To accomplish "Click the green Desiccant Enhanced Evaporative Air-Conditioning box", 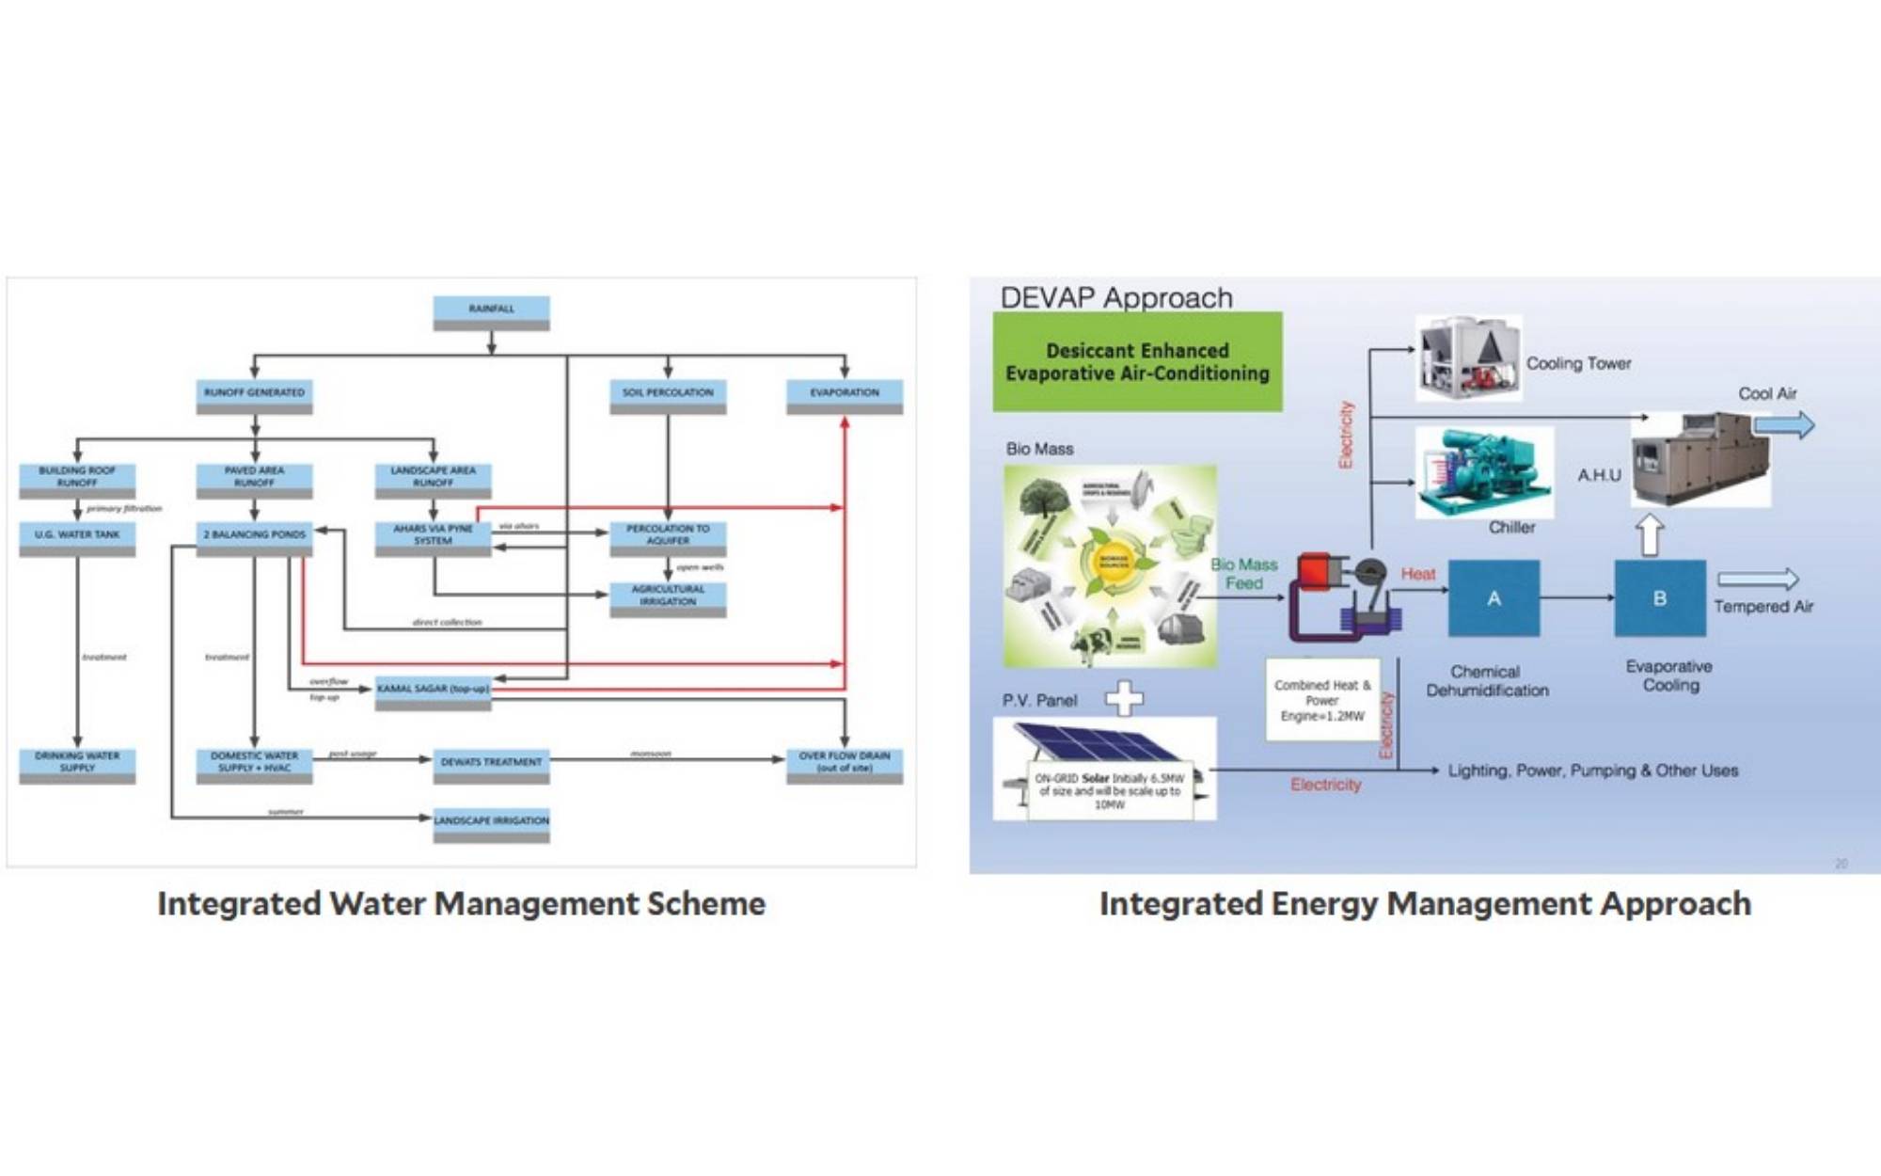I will click(x=1137, y=362).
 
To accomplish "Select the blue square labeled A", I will click(x=1494, y=598).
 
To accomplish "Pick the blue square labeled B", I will click(x=1660, y=598).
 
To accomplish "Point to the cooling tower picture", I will click(x=1468, y=358).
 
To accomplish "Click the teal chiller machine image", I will click(x=1483, y=471).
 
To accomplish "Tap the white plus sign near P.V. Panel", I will click(x=1124, y=698).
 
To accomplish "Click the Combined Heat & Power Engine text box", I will click(x=1322, y=700).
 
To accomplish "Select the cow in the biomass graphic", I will click(x=1092, y=646).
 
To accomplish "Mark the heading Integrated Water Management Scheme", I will click(x=461, y=903).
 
